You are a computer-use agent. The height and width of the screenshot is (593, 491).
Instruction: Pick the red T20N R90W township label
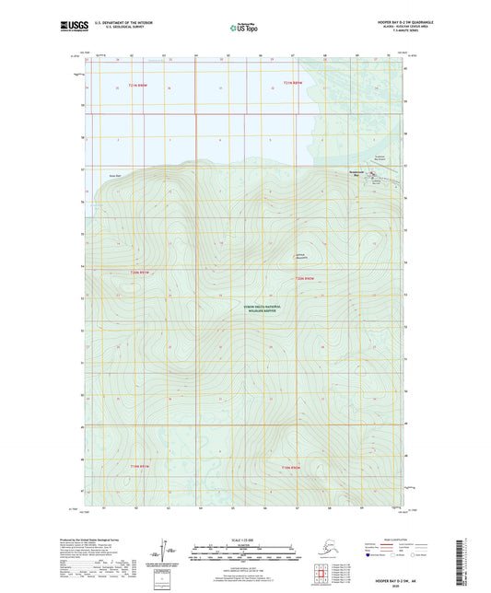305,277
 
